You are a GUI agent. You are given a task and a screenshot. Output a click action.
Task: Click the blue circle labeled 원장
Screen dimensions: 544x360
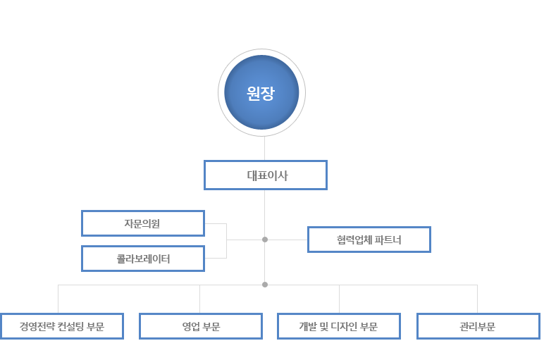pyautogui.click(x=261, y=92)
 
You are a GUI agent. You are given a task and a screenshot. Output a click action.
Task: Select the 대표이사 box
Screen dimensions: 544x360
pyautogui.click(x=266, y=175)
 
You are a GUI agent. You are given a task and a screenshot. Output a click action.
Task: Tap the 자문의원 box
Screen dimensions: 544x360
pyautogui.click(x=143, y=223)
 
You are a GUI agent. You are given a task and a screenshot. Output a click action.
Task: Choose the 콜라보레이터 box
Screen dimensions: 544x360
pyautogui.click(x=143, y=259)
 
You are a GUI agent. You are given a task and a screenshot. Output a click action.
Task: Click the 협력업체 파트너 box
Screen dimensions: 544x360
pyautogui.click(x=369, y=240)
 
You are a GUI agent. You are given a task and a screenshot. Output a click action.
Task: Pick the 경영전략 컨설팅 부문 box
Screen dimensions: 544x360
pyautogui.click(x=62, y=326)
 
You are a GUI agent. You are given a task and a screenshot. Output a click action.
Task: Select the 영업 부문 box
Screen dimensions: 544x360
pyautogui.click(x=201, y=326)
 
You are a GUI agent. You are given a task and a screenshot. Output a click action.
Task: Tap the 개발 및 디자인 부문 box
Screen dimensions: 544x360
pyautogui.click(x=339, y=326)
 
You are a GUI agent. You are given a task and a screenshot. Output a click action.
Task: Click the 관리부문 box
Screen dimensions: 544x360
pyautogui.click(x=478, y=326)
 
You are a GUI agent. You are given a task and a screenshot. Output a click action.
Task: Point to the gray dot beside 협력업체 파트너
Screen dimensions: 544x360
pyautogui.click(x=265, y=240)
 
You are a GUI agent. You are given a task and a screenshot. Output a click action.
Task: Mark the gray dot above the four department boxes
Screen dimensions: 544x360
pyautogui.click(x=265, y=285)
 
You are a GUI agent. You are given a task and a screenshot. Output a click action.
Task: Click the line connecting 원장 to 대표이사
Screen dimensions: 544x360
pyautogui.click(x=264, y=148)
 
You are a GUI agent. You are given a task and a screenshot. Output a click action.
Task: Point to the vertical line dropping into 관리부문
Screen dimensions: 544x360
pyautogui.click(x=477, y=299)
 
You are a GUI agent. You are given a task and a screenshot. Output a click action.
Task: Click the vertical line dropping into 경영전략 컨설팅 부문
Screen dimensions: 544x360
pyautogui.click(x=58, y=299)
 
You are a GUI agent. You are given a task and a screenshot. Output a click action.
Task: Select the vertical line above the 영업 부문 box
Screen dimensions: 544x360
pyautogui.click(x=200, y=299)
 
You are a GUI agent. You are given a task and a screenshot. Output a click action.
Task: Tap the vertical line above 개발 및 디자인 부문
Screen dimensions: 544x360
pyautogui.click(x=340, y=299)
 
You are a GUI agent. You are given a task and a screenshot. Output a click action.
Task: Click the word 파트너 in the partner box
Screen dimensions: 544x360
pyautogui.click(x=388, y=240)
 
